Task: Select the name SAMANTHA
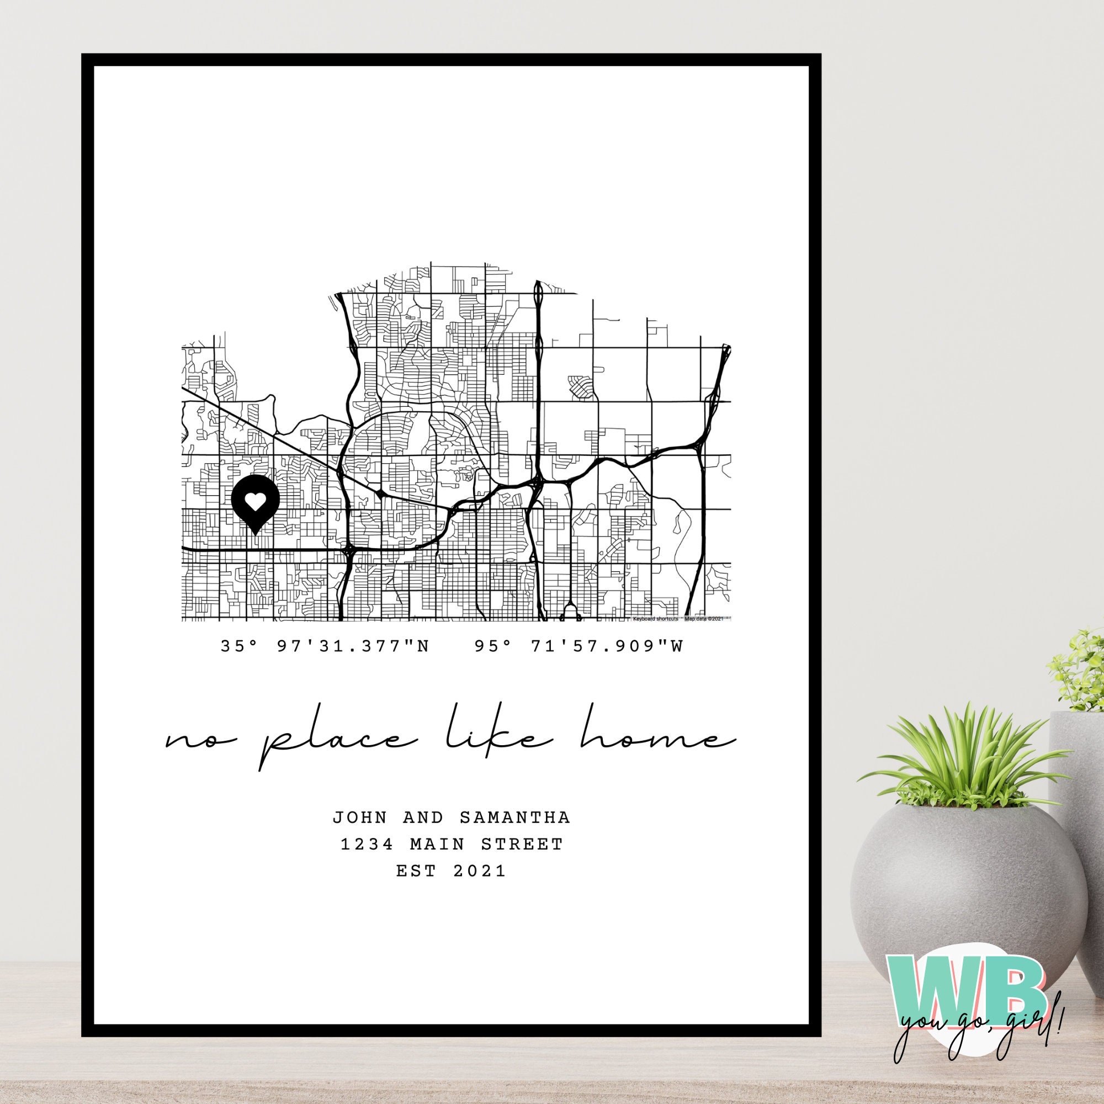point(515,817)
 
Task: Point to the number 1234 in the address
point(367,843)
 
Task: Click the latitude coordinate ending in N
point(325,646)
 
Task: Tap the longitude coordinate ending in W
point(579,646)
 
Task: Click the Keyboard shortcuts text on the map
point(655,618)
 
